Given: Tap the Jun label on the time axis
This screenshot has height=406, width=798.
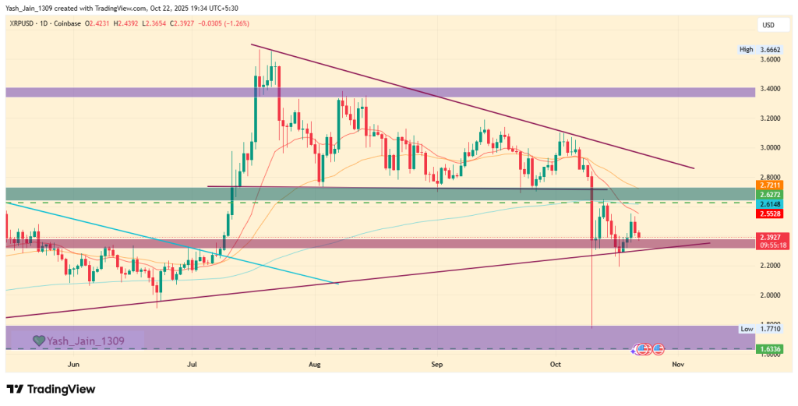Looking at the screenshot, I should coord(74,364).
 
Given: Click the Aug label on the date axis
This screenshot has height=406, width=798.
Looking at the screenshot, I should coord(315,364).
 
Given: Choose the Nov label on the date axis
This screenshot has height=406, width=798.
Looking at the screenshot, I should coord(677,364).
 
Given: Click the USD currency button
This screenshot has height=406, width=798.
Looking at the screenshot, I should coord(768,26).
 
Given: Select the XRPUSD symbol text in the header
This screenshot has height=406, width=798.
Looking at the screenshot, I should coord(26,24).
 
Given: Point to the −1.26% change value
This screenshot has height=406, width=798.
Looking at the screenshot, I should coord(235,24).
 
